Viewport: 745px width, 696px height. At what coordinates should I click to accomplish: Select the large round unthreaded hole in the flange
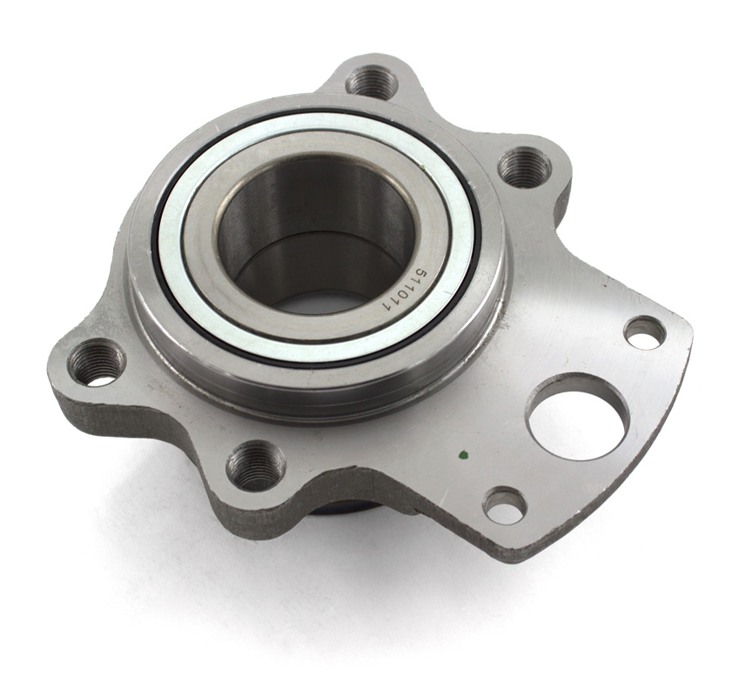[578, 417]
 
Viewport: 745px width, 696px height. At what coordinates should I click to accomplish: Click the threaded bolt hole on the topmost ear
[372, 82]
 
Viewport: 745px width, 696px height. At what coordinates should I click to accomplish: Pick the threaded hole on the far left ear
[96, 362]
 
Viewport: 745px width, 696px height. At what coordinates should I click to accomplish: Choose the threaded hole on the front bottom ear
[256, 466]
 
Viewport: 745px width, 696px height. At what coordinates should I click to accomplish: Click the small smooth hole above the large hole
[645, 332]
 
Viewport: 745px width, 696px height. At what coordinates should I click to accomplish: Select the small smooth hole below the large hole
[506, 505]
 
